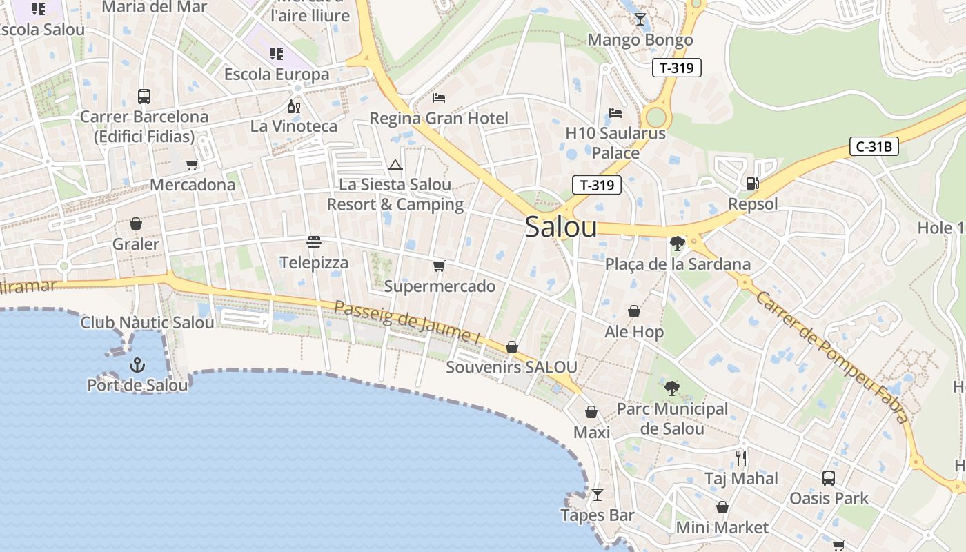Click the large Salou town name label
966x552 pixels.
(560, 226)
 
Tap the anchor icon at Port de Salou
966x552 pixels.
(137, 364)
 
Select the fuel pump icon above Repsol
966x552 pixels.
(753, 183)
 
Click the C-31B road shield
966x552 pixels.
(874, 146)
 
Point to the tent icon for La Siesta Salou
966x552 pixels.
(395, 165)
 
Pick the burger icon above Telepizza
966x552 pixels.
(314, 242)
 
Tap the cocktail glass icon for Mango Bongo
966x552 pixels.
(640, 19)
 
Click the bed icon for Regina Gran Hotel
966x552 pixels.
(439, 97)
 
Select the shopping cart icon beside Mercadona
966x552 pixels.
(193, 164)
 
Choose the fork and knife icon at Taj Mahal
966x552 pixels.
(741, 457)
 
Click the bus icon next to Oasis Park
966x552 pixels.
(829, 477)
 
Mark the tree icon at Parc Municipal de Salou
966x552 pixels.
(671, 388)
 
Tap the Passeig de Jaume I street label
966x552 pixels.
(407, 323)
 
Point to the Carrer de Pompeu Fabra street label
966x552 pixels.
(831, 357)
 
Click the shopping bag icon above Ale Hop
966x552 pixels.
(633, 311)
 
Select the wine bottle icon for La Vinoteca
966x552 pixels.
(293, 106)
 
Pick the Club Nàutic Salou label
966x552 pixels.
(148, 322)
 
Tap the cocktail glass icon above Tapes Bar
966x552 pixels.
(598, 495)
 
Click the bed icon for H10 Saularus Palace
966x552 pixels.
(615, 112)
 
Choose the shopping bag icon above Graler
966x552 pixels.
(136, 224)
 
